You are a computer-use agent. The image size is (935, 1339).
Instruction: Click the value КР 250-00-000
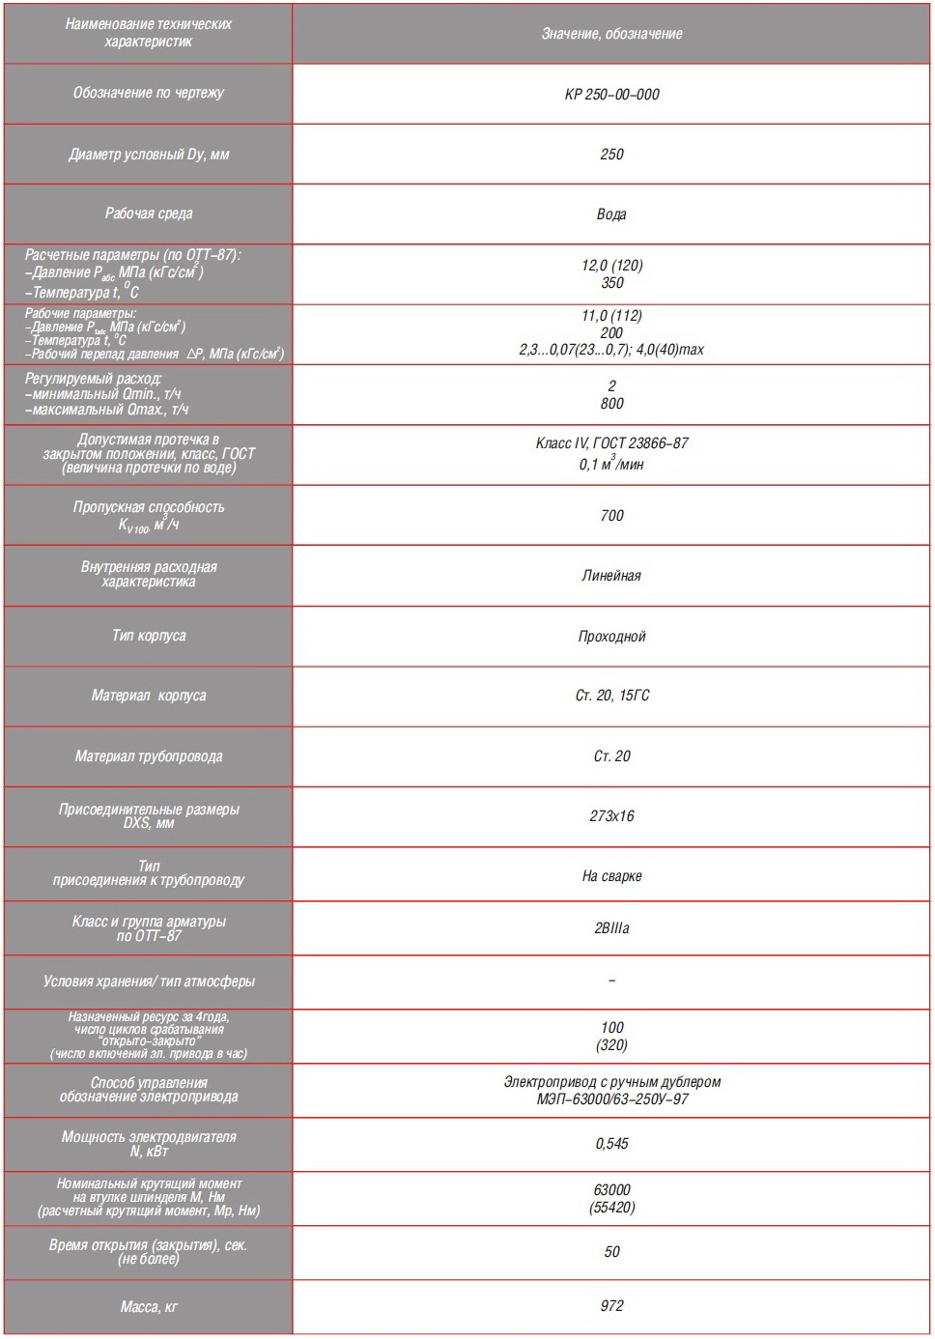click(611, 95)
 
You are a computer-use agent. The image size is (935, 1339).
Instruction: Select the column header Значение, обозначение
click(611, 34)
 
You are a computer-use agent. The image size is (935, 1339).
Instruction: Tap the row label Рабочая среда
click(148, 214)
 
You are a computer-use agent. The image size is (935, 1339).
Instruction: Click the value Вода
click(611, 214)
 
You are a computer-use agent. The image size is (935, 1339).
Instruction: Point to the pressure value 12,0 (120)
click(611, 266)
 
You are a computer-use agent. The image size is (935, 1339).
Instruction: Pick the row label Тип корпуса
click(148, 636)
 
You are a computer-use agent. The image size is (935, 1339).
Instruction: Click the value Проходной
click(611, 637)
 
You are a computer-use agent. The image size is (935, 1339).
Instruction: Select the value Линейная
click(611, 576)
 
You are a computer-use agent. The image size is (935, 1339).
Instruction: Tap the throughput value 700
click(611, 516)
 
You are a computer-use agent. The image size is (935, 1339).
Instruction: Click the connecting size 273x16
click(611, 816)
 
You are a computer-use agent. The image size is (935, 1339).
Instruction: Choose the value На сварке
click(611, 876)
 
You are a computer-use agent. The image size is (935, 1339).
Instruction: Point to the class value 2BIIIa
click(611, 928)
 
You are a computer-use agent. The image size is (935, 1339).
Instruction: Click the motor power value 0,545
click(611, 1144)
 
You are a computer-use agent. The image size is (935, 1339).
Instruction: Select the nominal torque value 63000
click(611, 1190)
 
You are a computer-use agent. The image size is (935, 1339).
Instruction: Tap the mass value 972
click(611, 1306)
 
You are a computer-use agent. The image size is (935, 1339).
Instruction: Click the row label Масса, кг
click(148, 1307)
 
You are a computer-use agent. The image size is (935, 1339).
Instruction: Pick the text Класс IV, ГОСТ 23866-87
click(611, 443)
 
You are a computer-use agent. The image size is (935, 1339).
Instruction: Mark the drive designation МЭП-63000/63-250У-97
click(611, 1099)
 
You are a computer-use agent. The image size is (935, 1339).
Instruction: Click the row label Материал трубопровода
click(148, 756)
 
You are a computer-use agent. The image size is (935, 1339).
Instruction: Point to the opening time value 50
click(611, 1252)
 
